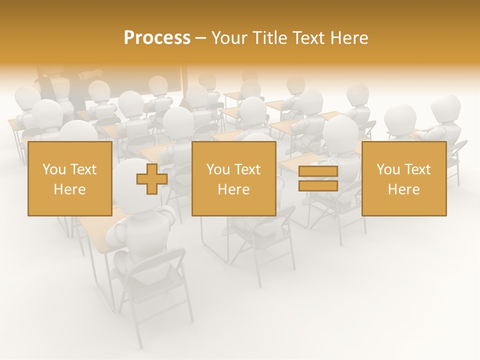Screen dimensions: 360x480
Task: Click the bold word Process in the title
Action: coord(157,38)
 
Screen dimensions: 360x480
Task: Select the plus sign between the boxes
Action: coord(152,178)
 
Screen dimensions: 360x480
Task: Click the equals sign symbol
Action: coord(318,178)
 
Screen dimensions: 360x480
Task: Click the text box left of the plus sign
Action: coord(70,178)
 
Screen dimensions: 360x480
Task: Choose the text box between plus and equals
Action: coord(233,178)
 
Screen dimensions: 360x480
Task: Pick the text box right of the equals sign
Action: coord(404,178)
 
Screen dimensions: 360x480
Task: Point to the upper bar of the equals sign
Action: coord(318,171)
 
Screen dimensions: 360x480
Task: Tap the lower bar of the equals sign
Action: coord(318,185)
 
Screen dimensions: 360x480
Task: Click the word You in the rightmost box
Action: coord(387,169)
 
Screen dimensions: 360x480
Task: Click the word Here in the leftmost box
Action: coord(70,189)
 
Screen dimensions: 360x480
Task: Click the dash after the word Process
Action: coord(201,38)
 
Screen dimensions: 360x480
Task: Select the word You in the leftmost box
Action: coord(53,169)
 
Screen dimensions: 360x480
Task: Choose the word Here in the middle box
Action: coord(233,189)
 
